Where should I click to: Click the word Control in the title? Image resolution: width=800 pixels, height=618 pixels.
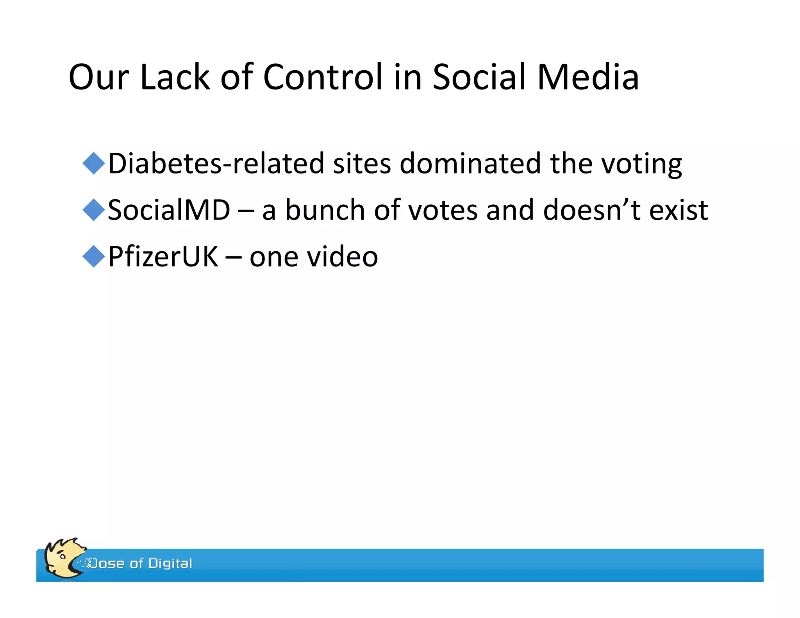click(323, 77)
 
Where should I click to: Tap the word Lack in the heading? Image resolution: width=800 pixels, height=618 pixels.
click(175, 77)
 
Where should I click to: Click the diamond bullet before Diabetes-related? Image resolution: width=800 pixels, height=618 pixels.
click(94, 163)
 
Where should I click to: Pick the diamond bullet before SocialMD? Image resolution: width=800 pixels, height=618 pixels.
click(94, 210)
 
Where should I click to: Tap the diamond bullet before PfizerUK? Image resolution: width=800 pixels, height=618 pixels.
click(94, 256)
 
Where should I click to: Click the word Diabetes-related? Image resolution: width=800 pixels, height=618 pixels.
click(216, 163)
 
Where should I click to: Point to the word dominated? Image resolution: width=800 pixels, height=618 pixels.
click(470, 163)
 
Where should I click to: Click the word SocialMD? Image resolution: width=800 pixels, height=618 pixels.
click(169, 210)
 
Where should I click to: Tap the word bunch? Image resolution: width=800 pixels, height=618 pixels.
click(325, 210)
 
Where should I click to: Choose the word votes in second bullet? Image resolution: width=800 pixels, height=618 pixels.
click(443, 210)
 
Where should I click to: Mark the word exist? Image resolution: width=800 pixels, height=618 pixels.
click(679, 210)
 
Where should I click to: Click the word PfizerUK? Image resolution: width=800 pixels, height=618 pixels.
click(163, 256)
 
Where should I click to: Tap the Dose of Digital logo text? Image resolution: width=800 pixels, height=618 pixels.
click(141, 563)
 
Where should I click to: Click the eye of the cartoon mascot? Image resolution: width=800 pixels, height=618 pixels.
click(62, 556)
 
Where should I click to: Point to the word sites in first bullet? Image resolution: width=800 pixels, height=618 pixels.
click(362, 163)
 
